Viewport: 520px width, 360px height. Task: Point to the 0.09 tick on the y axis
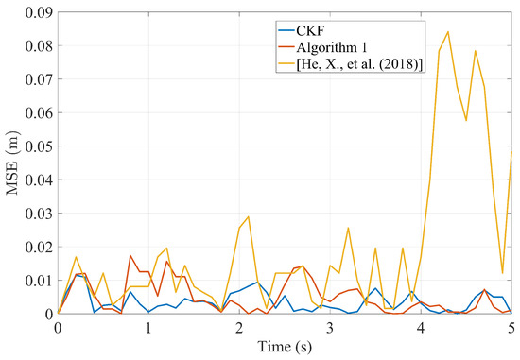37,12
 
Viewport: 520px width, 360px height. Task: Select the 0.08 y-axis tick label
37,45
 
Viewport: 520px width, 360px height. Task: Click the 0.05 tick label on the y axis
37,146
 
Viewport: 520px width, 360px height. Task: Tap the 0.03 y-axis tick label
37,213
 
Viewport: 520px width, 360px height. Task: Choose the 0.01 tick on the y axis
37,280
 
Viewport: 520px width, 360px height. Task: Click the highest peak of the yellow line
447,32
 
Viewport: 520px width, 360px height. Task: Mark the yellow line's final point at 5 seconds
511,152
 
